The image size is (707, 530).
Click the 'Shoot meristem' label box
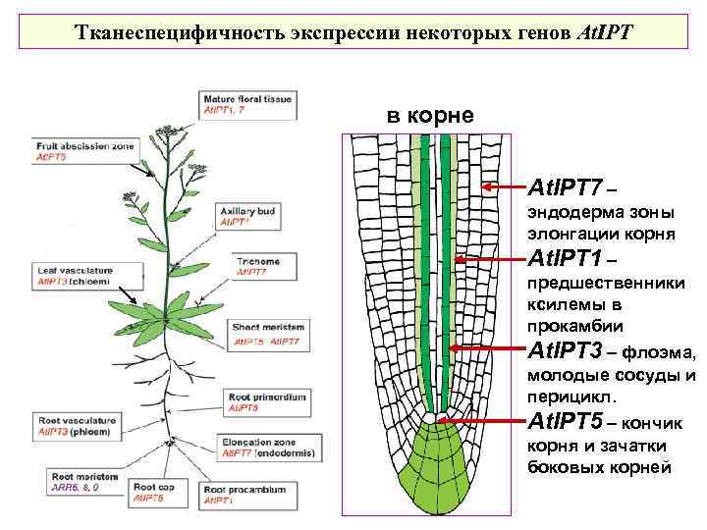click(x=268, y=334)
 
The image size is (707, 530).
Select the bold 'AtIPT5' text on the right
click(x=565, y=423)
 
